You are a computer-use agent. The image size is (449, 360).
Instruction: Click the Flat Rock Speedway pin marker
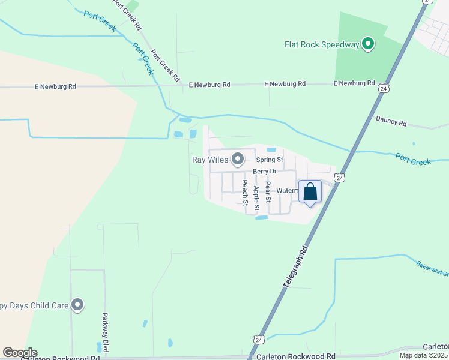369,44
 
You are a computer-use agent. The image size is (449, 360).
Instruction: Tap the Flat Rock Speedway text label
321,44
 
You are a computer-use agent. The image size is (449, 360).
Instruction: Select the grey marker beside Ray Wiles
238,159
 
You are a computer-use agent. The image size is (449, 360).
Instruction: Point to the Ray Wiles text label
210,160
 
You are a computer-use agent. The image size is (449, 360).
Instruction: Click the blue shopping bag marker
310,192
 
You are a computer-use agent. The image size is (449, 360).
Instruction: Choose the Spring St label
270,160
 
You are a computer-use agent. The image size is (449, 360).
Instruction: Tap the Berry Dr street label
264,172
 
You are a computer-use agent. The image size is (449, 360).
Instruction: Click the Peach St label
245,192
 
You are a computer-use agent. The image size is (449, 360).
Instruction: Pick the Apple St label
256,198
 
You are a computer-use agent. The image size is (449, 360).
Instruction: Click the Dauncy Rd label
391,122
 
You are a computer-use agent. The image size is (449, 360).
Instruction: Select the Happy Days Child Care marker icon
77,305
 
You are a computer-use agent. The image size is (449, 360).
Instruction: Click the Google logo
20,353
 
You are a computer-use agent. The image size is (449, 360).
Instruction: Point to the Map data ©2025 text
424,355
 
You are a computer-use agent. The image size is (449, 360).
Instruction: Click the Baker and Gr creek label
432,268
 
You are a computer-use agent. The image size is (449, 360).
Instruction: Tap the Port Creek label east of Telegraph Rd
414,159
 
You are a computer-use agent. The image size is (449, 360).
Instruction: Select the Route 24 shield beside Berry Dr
340,178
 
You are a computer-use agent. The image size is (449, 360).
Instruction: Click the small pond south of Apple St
261,217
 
